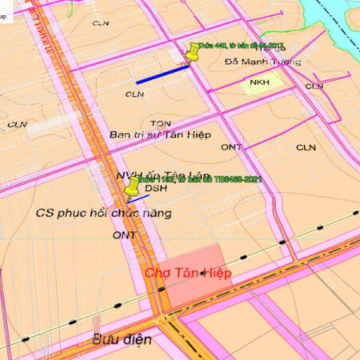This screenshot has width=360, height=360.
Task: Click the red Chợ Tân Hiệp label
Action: pyautogui.click(x=188, y=274)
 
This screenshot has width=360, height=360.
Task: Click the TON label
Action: pyautogui.click(x=160, y=123)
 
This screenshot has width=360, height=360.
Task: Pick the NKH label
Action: pyautogui.click(x=258, y=82)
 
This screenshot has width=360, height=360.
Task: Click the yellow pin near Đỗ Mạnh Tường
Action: pyautogui.click(x=193, y=54)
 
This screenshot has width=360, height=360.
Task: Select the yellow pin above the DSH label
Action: pyautogui.click(x=132, y=186)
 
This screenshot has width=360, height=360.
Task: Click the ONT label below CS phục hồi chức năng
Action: pyautogui.click(x=124, y=235)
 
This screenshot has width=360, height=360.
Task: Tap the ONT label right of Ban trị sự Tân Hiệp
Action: pyautogui.click(x=232, y=147)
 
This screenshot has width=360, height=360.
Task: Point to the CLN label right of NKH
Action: pyautogui.click(x=314, y=86)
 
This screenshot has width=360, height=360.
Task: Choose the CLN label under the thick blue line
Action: pyautogui.click(x=134, y=94)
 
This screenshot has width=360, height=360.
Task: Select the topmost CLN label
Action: pyautogui.click(x=100, y=23)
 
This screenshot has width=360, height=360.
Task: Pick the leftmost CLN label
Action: pyautogui.click(x=18, y=125)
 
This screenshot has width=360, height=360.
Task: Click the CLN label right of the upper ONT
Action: pyautogui.click(x=306, y=147)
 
